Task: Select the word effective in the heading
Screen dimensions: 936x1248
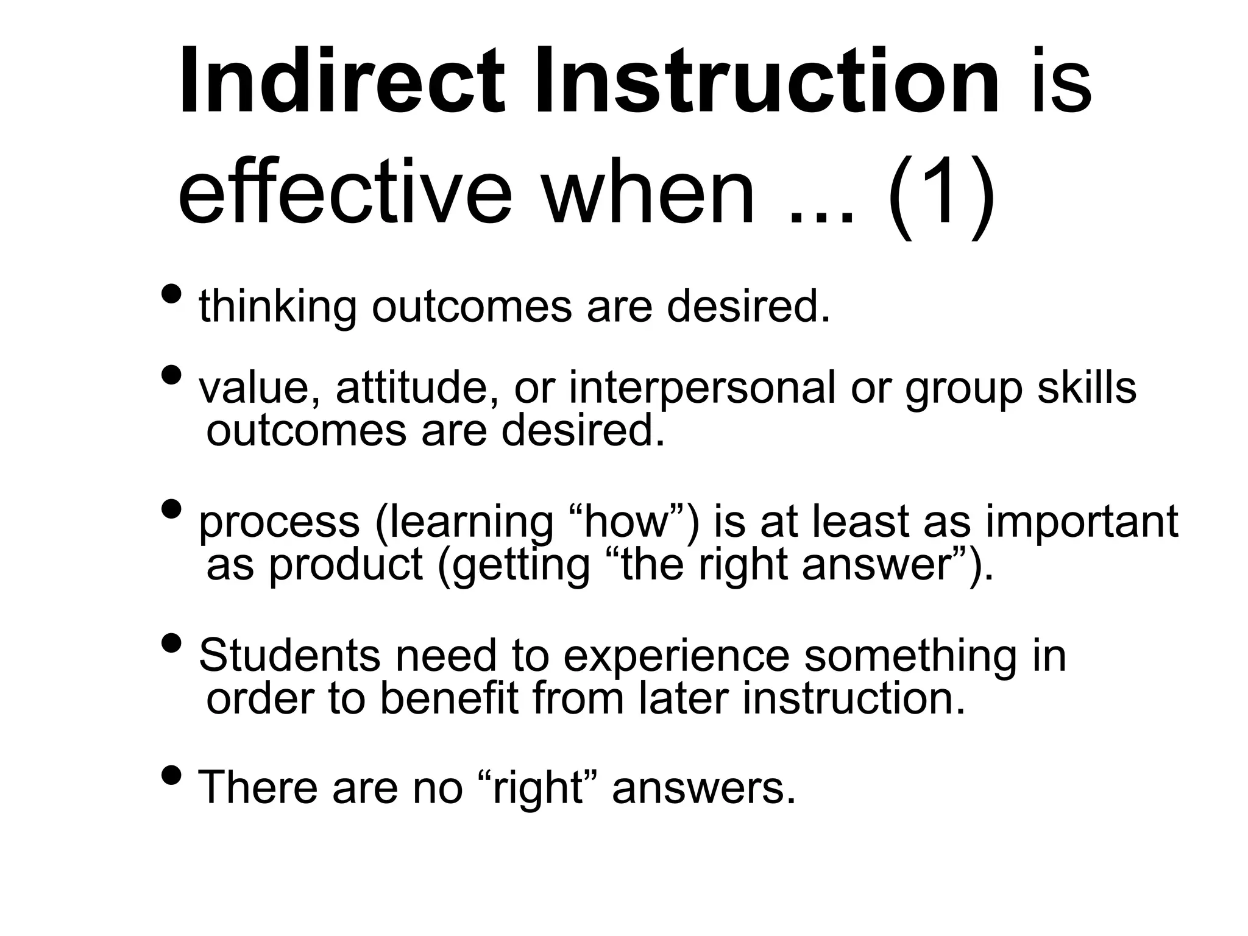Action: click(x=345, y=194)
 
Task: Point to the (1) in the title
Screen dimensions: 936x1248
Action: click(x=941, y=194)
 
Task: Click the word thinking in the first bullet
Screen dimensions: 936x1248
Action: click(x=278, y=307)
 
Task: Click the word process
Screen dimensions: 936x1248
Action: click(x=280, y=523)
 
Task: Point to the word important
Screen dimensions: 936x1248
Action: click(x=1082, y=523)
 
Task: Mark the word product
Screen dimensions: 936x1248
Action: click(x=346, y=565)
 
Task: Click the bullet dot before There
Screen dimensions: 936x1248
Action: click(x=172, y=775)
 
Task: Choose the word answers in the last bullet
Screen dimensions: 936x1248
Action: click(x=704, y=788)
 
